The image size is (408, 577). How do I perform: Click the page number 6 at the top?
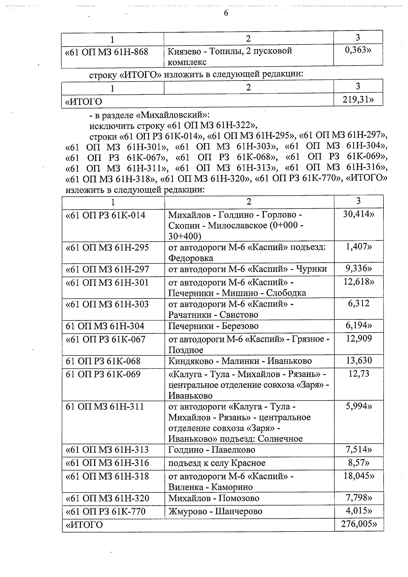point(226,13)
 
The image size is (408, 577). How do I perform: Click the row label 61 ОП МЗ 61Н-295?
point(107,247)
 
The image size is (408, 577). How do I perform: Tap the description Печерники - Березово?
point(213,326)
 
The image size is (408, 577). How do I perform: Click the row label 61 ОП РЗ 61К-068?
point(103,361)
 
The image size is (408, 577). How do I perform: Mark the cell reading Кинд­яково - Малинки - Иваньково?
point(240,361)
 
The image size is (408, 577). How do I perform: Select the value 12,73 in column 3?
point(358,374)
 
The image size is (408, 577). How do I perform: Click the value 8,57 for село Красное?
point(358,463)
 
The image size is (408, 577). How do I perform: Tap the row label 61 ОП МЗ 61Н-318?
point(107,476)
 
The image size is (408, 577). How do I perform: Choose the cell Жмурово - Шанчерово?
point(215,511)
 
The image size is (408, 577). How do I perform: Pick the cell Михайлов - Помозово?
point(214,499)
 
